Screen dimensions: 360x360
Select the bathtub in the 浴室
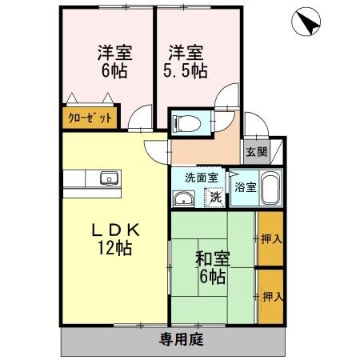point(269,190)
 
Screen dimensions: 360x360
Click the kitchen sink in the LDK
point(107,178)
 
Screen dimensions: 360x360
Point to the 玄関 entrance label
point(257,152)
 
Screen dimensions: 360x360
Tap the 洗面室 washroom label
point(196,178)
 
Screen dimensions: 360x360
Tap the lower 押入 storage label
point(272,296)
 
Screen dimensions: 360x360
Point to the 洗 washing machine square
point(214,196)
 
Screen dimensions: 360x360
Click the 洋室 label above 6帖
point(114,53)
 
